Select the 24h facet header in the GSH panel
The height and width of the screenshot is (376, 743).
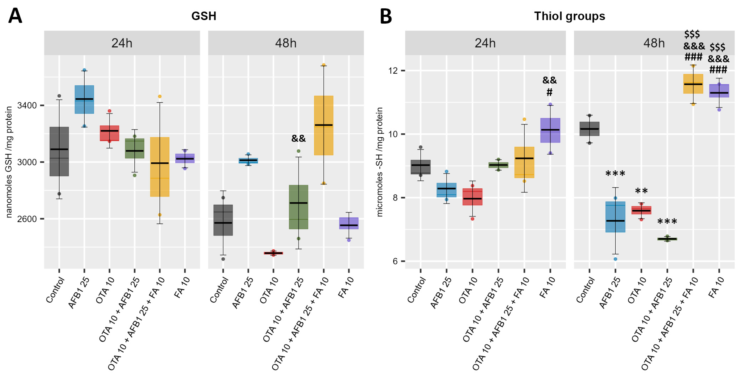[x=122, y=43]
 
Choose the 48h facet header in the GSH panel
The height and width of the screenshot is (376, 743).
[x=285, y=43]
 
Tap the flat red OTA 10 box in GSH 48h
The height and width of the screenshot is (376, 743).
[x=273, y=253]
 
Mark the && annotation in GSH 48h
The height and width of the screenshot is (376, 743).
[x=298, y=138]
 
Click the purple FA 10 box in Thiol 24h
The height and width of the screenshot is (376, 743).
[x=550, y=130]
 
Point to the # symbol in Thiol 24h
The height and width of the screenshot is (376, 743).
[x=549, y=92]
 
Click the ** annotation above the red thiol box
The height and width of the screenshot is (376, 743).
[x=641, y=191]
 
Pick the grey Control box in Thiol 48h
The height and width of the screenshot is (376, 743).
[x=589, y=129]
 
